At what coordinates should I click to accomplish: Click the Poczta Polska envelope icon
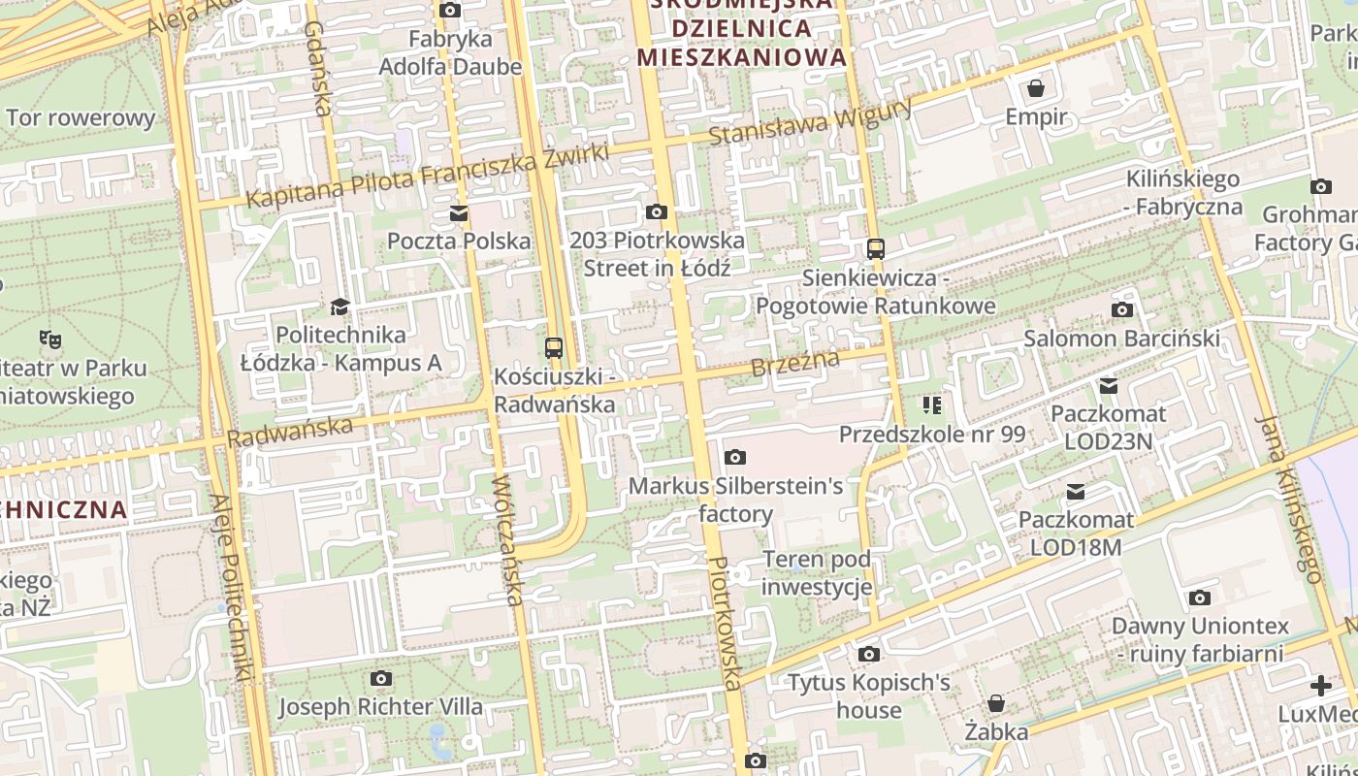pyautogui.click(x=458, y=213)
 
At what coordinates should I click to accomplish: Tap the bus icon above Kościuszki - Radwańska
pyautogui.click(x=554, y=347)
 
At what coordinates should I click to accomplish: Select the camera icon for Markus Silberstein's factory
pyautogui.click(x=735, y=457)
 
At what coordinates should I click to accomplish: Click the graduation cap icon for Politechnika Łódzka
pyautogui.click(x=339, y=307)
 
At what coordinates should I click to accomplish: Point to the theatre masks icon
pyautogui.click(x=50, y=339)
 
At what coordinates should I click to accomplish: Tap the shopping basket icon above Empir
pyautogui.click(x=1036, y=89)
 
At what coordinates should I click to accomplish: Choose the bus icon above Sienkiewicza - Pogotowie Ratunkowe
pyautogui.click(x=876, y=249)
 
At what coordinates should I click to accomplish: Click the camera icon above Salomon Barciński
pyautogui.click(x=1122, y=310)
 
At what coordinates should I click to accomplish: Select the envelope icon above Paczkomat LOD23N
pyautogui.click(x=1108, y=386)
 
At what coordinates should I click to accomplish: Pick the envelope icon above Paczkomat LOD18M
pyautogui.click(x=1076, y=492)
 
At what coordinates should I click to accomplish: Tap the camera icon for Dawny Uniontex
pyautogui.click(x=1200, y=598)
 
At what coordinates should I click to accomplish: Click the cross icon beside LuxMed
pyautogui.click(x=1321, y=686)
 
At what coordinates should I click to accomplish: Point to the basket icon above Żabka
pyautogui.click(x=996, y=703)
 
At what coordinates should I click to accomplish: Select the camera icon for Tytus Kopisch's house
pyautogui.click(x=868, y=655)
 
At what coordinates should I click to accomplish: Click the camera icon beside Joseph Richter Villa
pyautogui.click(x=381, y=678)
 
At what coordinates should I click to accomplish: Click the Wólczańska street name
pyautogui.click(x=507, y=539)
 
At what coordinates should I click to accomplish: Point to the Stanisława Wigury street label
pyautogui.click(x=810, y=122)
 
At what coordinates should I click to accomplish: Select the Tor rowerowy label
pyautogui.click(x=81, y=118)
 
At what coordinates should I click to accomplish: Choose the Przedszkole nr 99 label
pyautogui.click(x=932, y=434)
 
